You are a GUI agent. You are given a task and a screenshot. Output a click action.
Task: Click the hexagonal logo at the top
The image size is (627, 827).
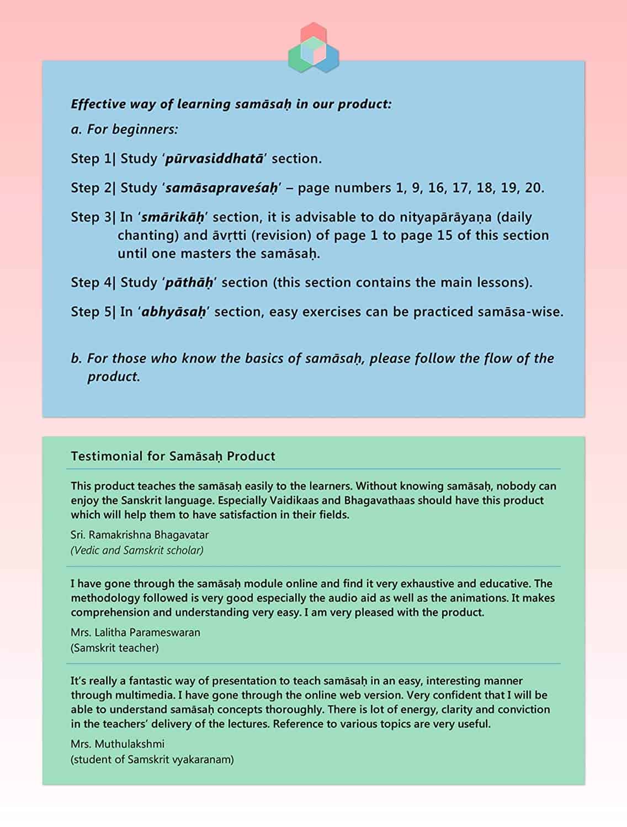pyautogui.click(x=313, y=47)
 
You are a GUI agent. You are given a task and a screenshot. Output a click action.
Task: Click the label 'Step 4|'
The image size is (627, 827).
pyautogui.click(x=93, y=283)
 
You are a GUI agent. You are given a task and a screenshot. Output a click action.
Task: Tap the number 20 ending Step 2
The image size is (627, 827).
pyautogui.click(x=533, y=188)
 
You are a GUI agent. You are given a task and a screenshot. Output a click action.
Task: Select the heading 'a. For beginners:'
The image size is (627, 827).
pyautogui.click(x=125, y=130)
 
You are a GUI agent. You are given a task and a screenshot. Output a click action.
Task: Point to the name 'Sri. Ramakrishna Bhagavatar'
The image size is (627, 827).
pyautogui.click(x=140, y=535)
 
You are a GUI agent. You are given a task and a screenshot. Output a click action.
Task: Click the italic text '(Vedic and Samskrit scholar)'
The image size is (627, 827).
pyautogui.click(x=137, y=550)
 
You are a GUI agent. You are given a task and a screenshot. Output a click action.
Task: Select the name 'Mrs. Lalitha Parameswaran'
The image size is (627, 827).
pyautogui.click(x=135, y=632)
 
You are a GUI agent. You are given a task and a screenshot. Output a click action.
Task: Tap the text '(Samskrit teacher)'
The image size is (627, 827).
pyautogui.click(x=115, y=648)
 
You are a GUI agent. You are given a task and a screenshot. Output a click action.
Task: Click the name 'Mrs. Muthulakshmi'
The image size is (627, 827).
pyautogui.click(x=118, y=744)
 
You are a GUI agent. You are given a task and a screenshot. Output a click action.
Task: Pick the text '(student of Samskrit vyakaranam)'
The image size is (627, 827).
pyautogui.click(x=152, y=760)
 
